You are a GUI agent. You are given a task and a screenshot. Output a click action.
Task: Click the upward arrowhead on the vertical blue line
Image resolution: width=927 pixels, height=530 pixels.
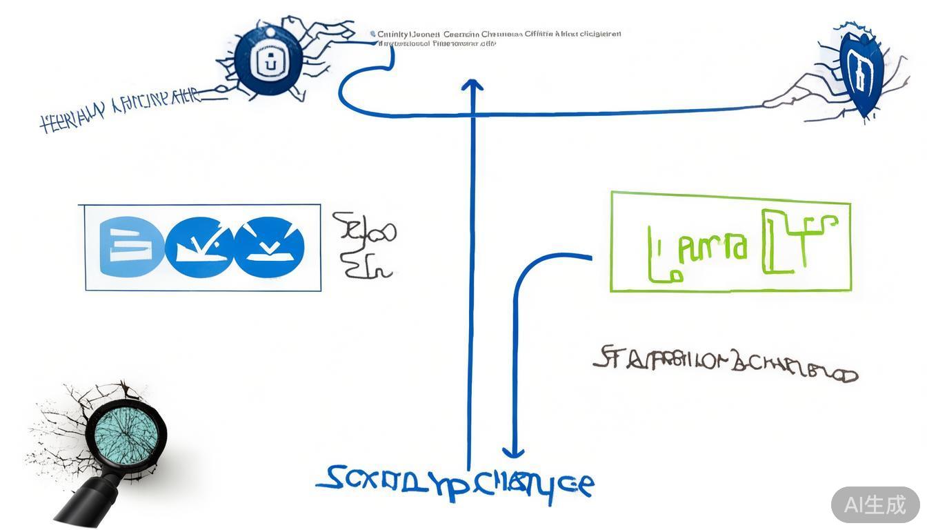click(x=472, y=85)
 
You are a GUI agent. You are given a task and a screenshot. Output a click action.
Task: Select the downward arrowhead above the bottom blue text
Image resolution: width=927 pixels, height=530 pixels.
click(x=512, y=452)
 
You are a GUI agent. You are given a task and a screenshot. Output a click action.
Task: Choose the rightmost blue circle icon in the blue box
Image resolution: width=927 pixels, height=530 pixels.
click(x=269, y=247)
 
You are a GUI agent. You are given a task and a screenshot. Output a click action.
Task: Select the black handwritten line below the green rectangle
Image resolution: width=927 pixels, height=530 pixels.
click(x=724, y=366)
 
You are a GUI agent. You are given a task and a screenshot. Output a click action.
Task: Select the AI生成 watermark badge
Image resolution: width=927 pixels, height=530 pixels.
click(x=875, y=504)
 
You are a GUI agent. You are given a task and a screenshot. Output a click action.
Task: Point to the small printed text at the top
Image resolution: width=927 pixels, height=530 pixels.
click(x=497, y=38)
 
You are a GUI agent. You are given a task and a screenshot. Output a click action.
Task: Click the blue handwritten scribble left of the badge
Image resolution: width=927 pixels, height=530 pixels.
click(x=121, y=110)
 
